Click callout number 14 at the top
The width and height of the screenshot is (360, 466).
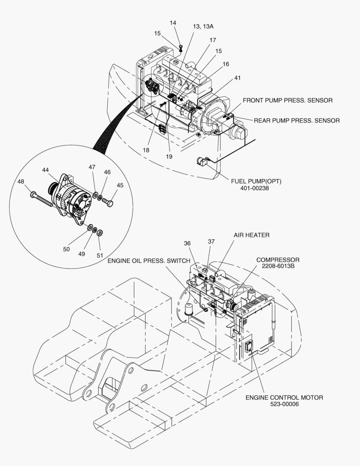coord(173,22)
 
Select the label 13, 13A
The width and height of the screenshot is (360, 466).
coord(203,26)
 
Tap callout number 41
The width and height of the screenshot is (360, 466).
coord(238,78)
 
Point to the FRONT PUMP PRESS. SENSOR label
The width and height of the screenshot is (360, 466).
coord(288,101)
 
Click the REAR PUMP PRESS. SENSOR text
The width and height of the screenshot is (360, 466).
coord(296,120)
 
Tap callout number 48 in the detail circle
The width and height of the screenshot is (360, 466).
coord(21,182)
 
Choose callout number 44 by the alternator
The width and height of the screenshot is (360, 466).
coord(46,170)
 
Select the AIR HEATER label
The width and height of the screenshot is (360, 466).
coord(251,235)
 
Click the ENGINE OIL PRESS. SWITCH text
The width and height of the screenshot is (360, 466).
coord(149,261)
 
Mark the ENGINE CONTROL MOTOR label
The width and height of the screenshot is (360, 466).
coord(284,397)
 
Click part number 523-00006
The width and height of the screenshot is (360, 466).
coord(284,404)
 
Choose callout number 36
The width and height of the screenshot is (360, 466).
coord(187,243)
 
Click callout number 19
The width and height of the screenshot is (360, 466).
coord(169,157)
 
